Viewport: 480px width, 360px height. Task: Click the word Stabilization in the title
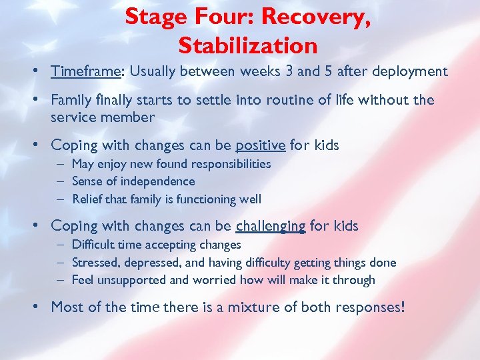(248, 45)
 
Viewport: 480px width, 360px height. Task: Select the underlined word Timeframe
(86, 71)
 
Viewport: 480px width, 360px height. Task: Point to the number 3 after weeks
(287, 71)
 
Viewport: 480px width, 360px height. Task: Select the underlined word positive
(260, 145)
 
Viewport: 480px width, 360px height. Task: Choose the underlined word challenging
(271, 226)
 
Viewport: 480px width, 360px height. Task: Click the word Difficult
(93, 245)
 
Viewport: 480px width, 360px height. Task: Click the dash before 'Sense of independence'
(61, 181)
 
